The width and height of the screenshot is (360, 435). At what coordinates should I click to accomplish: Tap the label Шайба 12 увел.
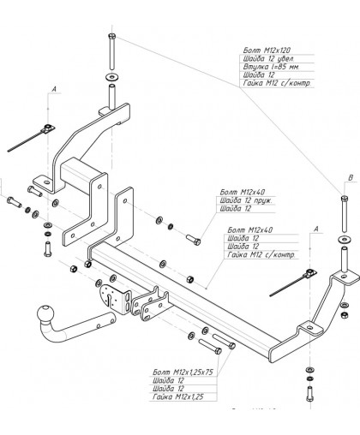point(268,58)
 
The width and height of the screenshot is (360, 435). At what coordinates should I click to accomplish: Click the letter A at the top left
point(55,89)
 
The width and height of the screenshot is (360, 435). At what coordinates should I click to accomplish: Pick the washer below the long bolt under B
point(344,236)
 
